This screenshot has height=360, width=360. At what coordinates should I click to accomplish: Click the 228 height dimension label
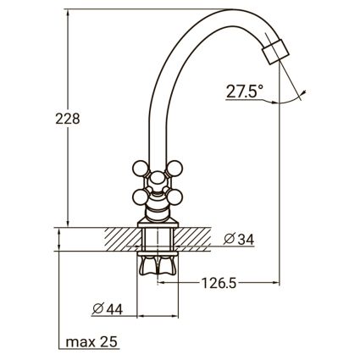pyautogui.click(x=68, y=119)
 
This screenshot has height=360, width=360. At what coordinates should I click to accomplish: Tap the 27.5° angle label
pyautogui.click(x=245, y=91)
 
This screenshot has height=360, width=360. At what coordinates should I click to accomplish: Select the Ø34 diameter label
pyautogui.click(x=239, y=240)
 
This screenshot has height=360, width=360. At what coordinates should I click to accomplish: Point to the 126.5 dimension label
pyautogui.click(x=219, y=283)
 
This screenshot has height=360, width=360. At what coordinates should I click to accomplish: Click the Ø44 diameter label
pyautogui.click(x=108, y=309)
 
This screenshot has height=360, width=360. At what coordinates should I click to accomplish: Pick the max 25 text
pyautogui.click(x=91, y=342)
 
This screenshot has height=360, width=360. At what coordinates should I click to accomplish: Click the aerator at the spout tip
pyautogui.click(x=275, y=52)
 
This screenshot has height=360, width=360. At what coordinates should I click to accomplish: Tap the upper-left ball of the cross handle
pyautogui.click(x=141, y=169)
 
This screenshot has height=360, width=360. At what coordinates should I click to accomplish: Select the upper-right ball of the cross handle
pyautogui.click(x=174, y=169)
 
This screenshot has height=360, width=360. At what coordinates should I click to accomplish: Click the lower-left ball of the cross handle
pyautogui.click(x=141, y=197)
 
